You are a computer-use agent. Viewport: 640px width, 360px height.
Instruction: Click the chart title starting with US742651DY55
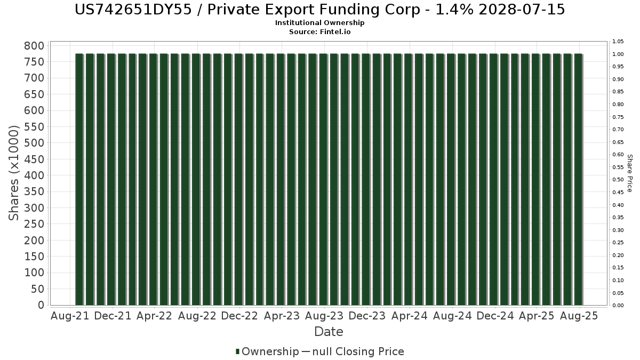pyautogui.click(x=320, y=10)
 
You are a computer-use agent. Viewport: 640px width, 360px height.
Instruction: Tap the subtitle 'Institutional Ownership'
pyautogui.click(x=320, y=23)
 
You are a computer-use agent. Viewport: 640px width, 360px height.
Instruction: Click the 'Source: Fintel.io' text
pyautogui.click(x=320, y=31)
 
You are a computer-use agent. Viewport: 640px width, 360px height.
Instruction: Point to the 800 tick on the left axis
pyautogui.click(x=34, y=46)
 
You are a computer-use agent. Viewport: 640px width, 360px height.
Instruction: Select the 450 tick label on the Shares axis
pyautogui.click(x=34, y=159)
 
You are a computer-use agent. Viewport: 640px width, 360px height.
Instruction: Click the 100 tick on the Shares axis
pyautogui.click(x=34, y=273)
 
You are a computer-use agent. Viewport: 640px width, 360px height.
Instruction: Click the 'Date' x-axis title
pyautogui.click(x=329, y=332)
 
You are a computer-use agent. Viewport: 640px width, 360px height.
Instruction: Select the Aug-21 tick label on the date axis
pyautogui.click(x=69, y=316)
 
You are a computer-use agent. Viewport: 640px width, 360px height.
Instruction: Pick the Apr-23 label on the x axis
pyautogui.click(x=282, y=316)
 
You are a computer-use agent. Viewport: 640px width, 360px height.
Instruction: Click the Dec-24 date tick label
pyautogui.click(x=495, y=316)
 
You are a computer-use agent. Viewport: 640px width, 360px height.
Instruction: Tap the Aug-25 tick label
pyautogui.click(x=580, y=316)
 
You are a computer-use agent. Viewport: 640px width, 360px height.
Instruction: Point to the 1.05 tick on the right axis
pyautogui.click(x=618, y=42)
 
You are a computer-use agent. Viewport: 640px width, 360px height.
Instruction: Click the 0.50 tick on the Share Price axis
pyautogui.click(x=618, y=180)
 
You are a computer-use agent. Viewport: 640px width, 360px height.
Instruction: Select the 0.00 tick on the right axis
pyautogui.click(x=618, y=306)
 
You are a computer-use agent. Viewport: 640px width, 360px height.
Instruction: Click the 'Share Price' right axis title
pyautogui.click(x=629, y=173)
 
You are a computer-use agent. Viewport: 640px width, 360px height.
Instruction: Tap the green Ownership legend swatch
pyautogui.click(x=238, y=351)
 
